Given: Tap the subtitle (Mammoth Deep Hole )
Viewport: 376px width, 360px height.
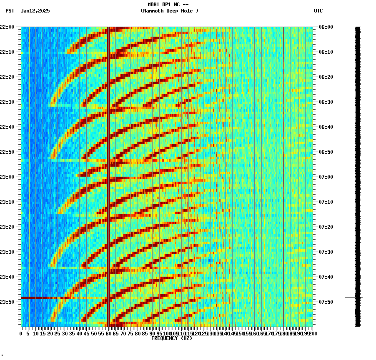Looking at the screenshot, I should pos(169,11).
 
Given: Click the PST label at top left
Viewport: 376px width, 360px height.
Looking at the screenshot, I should pos(10,11).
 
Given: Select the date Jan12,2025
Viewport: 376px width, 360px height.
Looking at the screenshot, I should pos(35,11).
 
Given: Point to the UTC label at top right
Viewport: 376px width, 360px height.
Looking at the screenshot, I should pos(318,11).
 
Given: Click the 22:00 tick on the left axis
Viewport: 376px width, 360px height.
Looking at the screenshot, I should pos(8,27).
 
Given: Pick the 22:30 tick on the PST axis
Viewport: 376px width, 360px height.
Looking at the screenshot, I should pos(8,102).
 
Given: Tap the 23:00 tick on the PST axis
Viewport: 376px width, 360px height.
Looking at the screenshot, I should pos(8,177).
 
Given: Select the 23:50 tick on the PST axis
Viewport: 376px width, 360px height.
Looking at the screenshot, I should pos(8,302).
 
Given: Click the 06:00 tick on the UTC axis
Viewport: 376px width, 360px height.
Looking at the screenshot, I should pos(325,27).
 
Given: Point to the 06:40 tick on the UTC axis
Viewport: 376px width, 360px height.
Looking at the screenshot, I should pos(325,127).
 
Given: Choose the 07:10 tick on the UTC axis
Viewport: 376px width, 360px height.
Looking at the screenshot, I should pos(325,202).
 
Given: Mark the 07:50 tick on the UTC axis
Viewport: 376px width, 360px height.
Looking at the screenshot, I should pos(325,302).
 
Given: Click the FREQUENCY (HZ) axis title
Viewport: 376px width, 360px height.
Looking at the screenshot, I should pos(171,338).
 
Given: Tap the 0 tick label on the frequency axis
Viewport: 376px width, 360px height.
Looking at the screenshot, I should pos(21,334).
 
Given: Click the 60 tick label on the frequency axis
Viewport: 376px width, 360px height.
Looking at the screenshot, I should pos(108,334).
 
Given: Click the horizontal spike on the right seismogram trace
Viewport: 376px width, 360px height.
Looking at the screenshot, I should pos(353,297).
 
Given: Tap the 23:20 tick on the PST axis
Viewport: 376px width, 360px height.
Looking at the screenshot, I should pos(8,227).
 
